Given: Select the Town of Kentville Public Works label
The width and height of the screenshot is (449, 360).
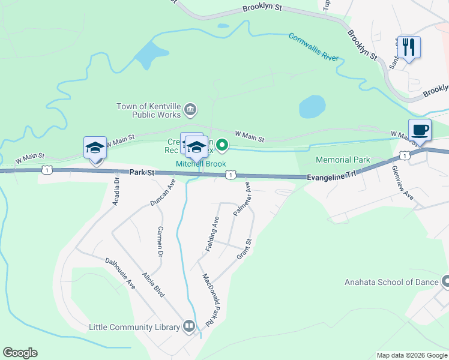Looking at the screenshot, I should point(149,111).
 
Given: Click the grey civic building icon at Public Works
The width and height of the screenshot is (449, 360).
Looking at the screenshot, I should point(190,109).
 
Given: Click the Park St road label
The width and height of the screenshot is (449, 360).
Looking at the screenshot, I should point(142,173).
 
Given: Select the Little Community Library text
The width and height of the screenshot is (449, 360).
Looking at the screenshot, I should point(134,327).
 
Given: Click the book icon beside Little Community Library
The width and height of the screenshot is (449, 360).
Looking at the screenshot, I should point(189,326).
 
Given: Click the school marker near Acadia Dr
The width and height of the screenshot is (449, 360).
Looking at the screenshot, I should point(95,148).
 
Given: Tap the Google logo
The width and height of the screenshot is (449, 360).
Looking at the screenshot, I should point(20,353).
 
